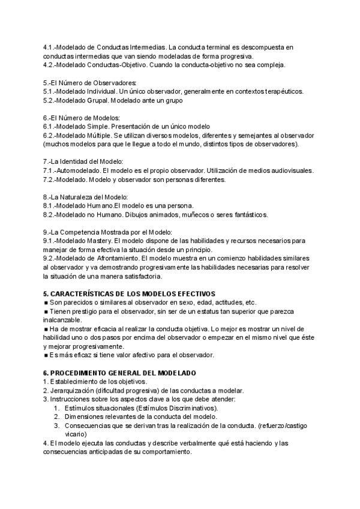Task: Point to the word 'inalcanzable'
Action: pyautogui.click(x=64, y=321)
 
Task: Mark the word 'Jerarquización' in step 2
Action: pyautogui.click(x=71, y=391)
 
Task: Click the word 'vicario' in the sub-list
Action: pyautogui.click(x=76, y=433)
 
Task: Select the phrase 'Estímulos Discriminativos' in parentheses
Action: pyautogui.click(x=176, y=408)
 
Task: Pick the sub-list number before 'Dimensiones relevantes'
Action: pyautogui.click(x=56, y=417)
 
